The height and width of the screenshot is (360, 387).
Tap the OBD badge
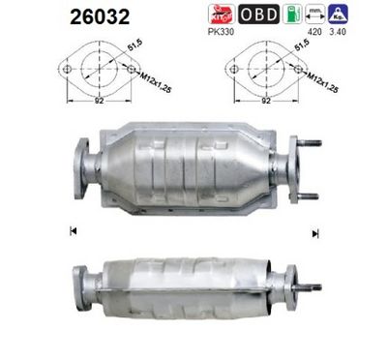tap(258, 15)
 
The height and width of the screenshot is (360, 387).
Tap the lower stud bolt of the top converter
tap(310, 194)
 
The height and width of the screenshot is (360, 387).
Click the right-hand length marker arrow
tap(315, 232)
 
